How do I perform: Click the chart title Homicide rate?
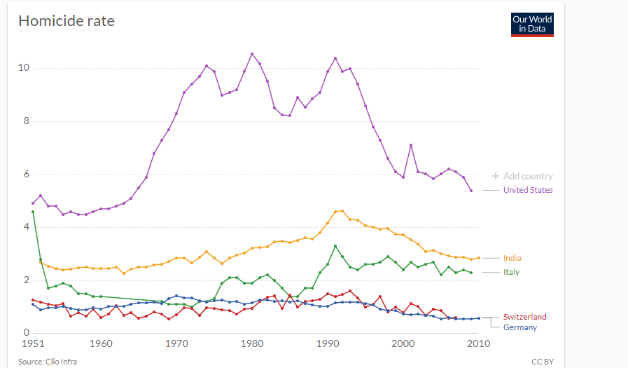[67, 21]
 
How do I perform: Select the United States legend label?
[528, 190]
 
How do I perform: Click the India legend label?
[512, 258]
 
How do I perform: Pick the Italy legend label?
[511, 272]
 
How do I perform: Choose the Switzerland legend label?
[524, 317]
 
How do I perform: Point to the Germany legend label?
[520, 327]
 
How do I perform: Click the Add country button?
[522, 177]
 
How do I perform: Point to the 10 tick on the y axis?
[24, 68]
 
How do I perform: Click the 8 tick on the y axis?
[26, 121]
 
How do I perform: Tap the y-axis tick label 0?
[26, 333]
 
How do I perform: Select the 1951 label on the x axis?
[33, 344]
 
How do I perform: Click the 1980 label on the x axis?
[252, 344]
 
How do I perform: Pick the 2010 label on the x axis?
[479, 344]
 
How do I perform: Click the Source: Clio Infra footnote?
[48, 362]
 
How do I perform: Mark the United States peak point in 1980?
[252, 54]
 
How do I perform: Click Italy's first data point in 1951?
[33, 211]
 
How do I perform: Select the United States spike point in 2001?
[411, 145]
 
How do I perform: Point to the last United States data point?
[471, 191]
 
